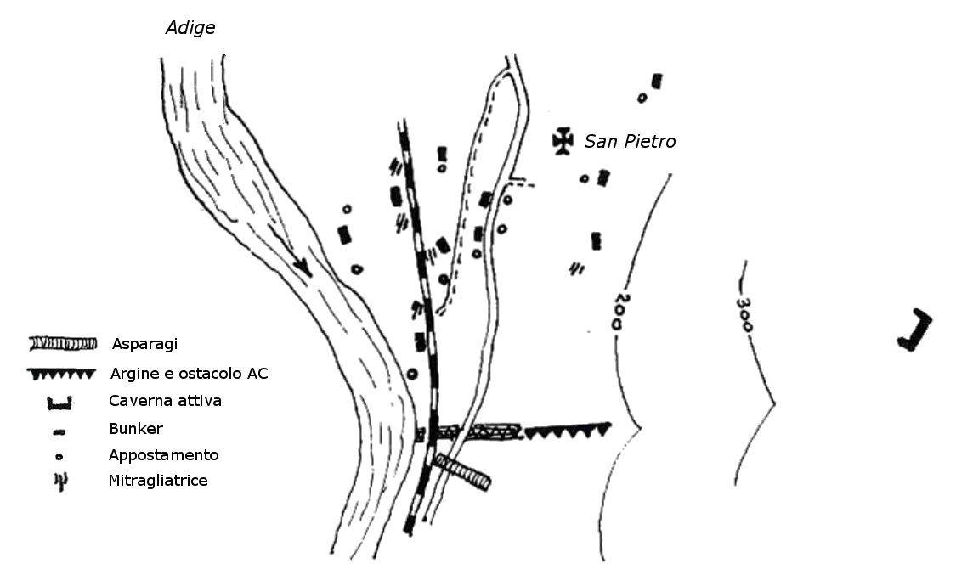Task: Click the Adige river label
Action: [190, 28]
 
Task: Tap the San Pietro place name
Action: [630, 142]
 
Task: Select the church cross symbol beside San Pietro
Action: [562, 141]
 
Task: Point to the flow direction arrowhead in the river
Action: [302, 267]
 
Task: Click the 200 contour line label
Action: [622, 312]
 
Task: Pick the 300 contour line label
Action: [745, 313]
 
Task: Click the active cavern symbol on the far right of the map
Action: [915, 331]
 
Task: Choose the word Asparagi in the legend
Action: [144, 344]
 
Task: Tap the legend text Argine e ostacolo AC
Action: [190, 374]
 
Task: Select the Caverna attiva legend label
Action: [165, 401]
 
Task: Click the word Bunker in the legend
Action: [135, 428]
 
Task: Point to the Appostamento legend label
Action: [163, 455]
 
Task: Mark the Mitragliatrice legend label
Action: [158, 481]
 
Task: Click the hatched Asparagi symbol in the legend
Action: [61, 343]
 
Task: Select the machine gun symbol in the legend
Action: [60, 482]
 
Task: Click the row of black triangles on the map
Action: [568, 431]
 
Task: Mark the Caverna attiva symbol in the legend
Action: [59, 403]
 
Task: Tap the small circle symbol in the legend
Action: [59, 456]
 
